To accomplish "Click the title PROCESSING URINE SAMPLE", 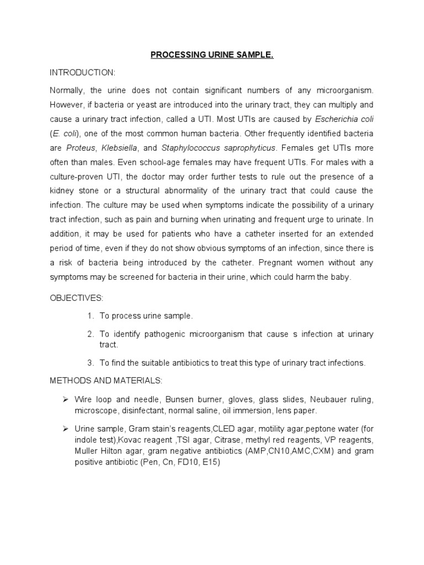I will click(x=212, y=56).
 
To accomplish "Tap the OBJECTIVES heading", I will click(x=77, y=298).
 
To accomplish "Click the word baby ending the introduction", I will click(x=341, y=277).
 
